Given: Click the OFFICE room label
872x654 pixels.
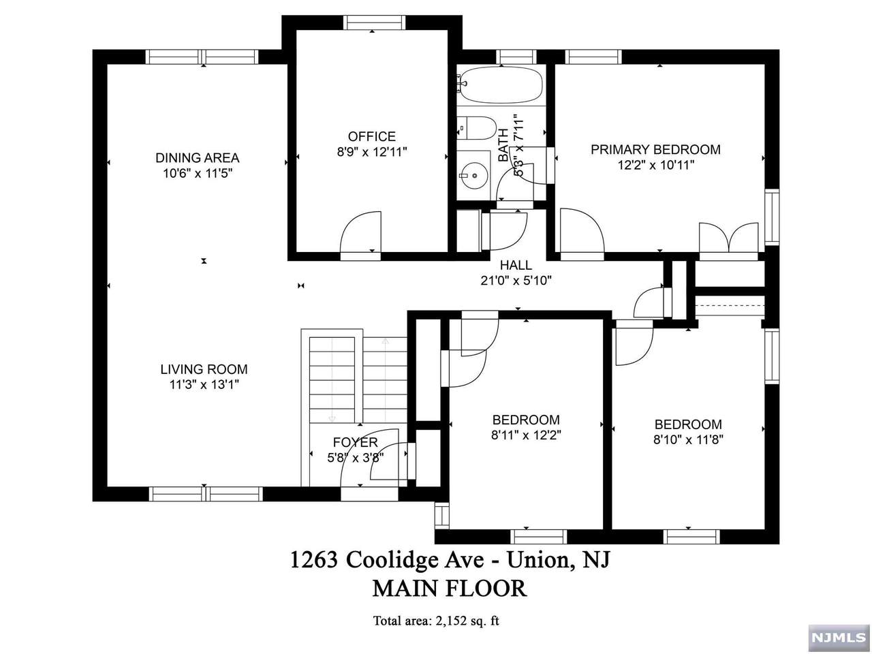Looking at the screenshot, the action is (371, 136).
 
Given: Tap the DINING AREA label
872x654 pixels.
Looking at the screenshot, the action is (197, 157).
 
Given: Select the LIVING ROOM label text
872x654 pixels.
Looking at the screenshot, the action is (204, 369).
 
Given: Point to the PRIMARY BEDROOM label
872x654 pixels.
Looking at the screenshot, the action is (655, 149).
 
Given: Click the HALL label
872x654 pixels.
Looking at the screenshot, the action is (516, 265).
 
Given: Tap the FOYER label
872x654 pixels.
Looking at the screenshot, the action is (355, 442).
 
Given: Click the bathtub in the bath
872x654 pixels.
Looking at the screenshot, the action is (501, 84).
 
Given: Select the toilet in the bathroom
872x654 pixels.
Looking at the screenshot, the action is (476, 128).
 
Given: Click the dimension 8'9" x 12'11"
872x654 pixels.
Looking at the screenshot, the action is (372, 152).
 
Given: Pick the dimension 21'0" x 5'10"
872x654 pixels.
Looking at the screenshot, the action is (516, 281).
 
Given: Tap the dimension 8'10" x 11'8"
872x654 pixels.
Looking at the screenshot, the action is (688, 439).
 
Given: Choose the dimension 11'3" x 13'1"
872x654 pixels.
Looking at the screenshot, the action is (204, 385).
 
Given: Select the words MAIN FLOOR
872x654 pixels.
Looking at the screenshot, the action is (450, 589).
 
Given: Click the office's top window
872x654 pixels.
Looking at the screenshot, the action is (374, 22).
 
